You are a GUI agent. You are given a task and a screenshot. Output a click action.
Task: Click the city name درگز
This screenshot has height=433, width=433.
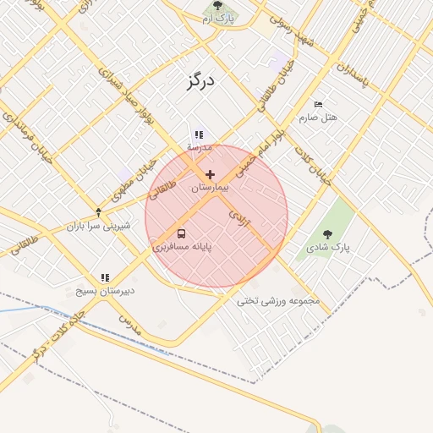click(200, 81)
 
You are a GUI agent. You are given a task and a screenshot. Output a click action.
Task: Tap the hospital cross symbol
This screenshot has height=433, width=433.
click(210, 174)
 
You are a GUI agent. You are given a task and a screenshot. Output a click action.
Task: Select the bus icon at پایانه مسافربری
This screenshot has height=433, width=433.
click(182, 233)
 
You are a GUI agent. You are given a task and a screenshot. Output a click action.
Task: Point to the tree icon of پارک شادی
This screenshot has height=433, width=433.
click(327, 233)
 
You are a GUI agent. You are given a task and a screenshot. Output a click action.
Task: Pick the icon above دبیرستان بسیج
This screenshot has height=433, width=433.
click(105, 277)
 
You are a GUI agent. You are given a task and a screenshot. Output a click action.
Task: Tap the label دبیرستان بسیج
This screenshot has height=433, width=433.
click(105, 291)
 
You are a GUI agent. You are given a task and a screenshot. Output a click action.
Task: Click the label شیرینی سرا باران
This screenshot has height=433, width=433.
click(99, 226)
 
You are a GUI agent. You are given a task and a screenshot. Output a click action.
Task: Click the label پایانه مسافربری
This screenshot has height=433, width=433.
click(182, 248)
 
